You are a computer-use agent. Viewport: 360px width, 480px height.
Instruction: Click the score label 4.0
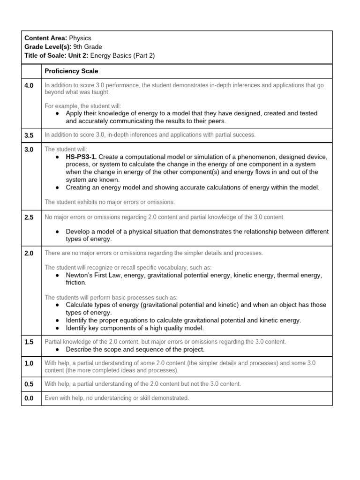pos(29,86)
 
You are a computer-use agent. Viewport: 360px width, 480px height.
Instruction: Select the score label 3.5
pos(29,135)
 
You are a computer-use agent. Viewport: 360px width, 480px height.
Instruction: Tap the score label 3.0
pos(29,149)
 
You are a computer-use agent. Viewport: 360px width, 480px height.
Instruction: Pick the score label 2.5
pos(29,217)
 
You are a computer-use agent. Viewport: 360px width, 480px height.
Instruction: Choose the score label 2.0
pos(29,253)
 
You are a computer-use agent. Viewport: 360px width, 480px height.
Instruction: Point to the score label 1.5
pos(29,342)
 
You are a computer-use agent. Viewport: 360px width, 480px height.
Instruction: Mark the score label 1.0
pos(29,363)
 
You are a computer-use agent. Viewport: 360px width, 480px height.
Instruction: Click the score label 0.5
pos(29,384)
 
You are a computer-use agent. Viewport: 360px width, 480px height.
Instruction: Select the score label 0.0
pos(29,398)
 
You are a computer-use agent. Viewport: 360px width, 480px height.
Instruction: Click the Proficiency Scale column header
pos(71,71)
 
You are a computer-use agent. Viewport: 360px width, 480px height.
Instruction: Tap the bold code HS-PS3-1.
pos(82,157)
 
